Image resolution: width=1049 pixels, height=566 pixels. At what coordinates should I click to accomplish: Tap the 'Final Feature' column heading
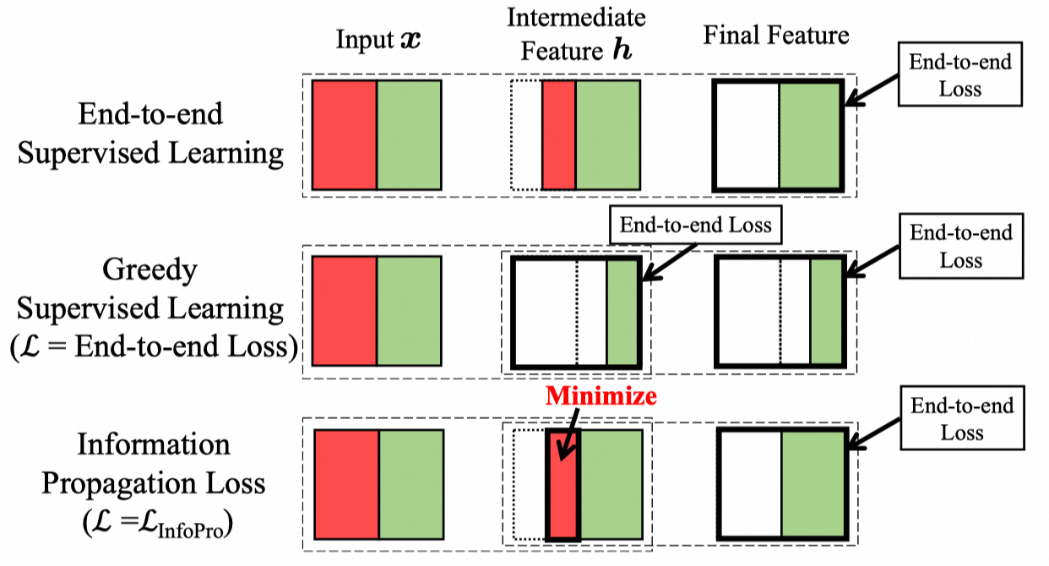(776, 35)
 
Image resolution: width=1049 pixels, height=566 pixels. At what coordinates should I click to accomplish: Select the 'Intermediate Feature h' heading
(578, 34)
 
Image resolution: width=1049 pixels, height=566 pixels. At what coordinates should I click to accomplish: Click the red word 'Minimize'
(601, 396)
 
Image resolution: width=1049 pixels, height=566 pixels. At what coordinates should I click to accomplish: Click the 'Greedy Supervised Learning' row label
(150, 308)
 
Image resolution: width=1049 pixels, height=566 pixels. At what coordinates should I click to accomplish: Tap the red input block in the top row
(344, 135)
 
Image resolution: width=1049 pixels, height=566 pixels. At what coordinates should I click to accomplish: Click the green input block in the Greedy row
(409, 311)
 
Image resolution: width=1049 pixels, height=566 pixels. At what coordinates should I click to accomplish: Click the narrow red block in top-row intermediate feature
(558, 135)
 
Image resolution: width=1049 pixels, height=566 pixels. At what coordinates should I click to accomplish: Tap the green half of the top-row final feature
(810, 135)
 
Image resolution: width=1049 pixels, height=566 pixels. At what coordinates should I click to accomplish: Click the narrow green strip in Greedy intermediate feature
(623, 312)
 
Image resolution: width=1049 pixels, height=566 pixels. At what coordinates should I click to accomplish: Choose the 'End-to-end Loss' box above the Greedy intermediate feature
(695, 226)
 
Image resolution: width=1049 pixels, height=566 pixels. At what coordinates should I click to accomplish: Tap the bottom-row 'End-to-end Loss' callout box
(961, 420)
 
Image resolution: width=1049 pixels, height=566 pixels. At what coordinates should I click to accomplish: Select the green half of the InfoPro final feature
(813, 484)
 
